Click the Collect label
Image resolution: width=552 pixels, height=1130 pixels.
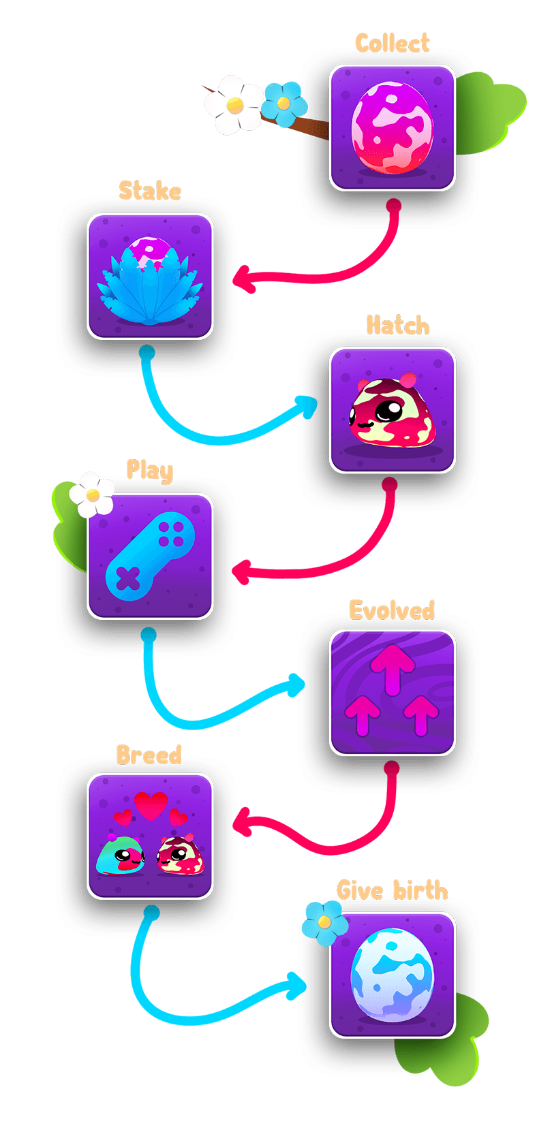(392, 44)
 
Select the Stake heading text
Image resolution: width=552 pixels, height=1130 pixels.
(150, 191)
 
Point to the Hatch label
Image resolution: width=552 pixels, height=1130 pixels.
(398, 326)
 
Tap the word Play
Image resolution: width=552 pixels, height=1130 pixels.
(150, 470)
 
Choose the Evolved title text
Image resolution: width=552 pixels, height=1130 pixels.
(392, 610)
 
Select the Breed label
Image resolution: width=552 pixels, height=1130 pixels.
(149, 755)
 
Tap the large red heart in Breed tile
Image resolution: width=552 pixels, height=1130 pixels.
(151, 806)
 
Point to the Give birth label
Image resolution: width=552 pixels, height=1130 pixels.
(393, 890)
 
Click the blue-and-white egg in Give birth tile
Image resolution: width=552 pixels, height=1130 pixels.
(392, 974)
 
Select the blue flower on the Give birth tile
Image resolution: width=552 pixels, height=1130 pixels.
(324, 922)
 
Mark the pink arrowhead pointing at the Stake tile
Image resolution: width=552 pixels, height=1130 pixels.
(243, 279)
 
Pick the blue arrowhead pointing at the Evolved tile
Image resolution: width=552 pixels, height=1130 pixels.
(297, 685)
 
